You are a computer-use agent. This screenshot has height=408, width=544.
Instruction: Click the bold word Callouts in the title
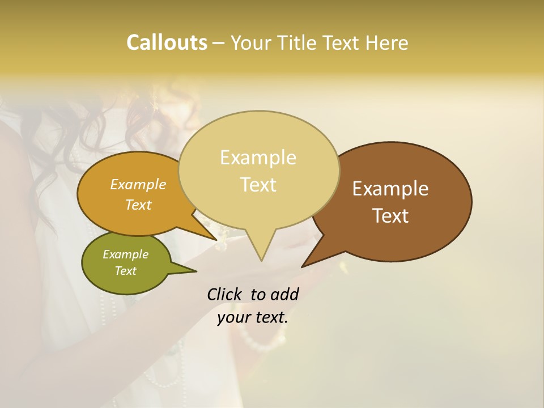coord(167,42)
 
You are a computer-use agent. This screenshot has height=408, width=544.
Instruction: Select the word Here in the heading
coord(388,42)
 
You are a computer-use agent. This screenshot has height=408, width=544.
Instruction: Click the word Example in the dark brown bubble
coord(390,189)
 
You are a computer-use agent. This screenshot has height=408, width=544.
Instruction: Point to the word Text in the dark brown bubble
coord(391,216)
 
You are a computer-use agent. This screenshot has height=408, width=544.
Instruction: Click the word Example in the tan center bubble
coord(258,158)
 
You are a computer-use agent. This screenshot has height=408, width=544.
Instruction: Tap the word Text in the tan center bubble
coord(258,185)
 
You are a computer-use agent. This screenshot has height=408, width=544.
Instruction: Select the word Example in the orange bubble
coord(138,184)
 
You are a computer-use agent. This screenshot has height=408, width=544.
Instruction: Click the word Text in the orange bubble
coord(138,205)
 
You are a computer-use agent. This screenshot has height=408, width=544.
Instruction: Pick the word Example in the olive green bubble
coord(126,254)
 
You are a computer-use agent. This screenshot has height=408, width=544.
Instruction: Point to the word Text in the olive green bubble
coord(126,271)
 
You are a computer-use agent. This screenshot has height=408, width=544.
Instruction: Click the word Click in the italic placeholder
coord(225,294)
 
